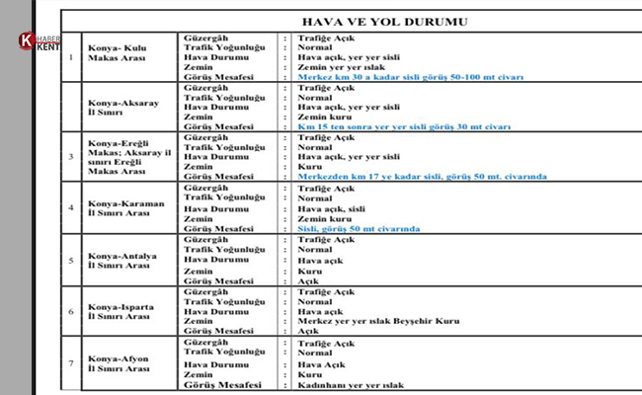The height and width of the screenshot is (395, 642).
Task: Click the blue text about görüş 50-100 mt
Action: (410, 76)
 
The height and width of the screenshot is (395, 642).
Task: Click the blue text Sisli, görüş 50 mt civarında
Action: (359, 229)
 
